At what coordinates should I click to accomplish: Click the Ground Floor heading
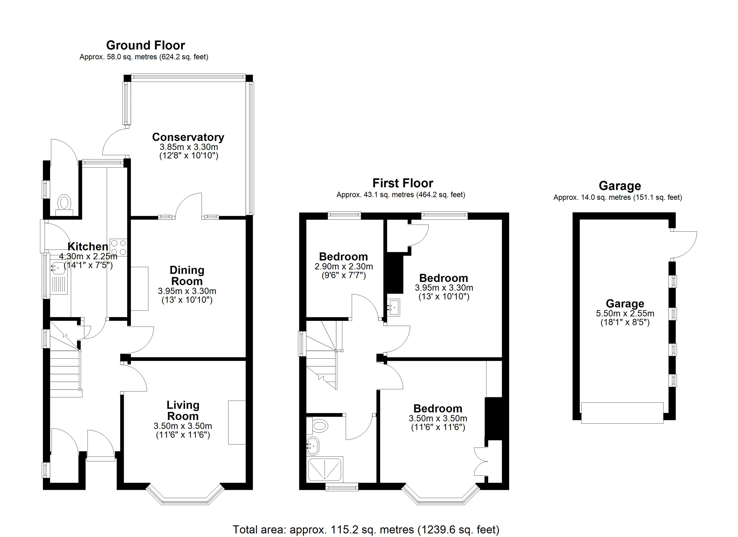click(x=145, y=45)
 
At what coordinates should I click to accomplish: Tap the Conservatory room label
click(x=188, y=137)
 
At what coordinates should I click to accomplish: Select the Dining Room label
click(x=187, y=275)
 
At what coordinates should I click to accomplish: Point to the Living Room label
click(x=183, y=410)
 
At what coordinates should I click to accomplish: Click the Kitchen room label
click(x=88, y=247)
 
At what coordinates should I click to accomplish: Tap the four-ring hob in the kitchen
click(x=119, y=247)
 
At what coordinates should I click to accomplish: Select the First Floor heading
click(x=403, y=183)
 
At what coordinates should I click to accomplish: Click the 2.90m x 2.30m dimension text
click(x=344, y=267)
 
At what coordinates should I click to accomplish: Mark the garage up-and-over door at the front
click(x=622, y=413)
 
